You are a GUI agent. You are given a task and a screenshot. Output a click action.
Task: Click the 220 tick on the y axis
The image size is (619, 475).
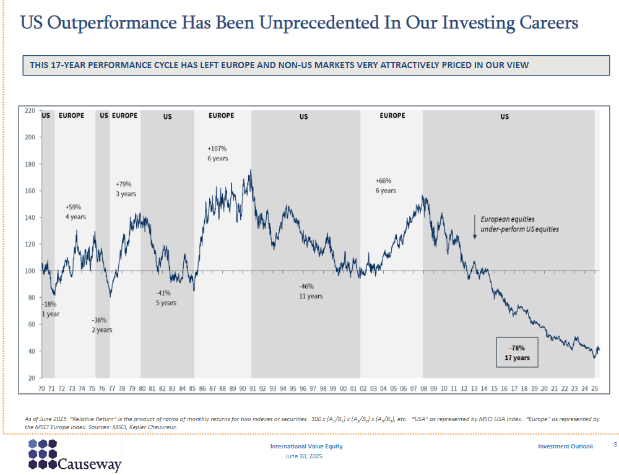pos(30,111)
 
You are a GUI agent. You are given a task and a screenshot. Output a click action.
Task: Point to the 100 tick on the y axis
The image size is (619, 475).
pos(30,271)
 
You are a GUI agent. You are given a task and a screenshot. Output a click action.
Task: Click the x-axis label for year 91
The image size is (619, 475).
pos(253,388)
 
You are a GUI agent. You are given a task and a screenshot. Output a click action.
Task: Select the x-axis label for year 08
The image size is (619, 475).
pos(423,388)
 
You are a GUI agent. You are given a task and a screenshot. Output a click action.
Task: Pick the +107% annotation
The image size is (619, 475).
pos(217,149)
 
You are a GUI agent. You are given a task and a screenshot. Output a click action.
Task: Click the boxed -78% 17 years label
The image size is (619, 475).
pos(517,352)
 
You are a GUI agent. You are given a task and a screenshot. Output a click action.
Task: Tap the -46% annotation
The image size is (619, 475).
pos(306,287)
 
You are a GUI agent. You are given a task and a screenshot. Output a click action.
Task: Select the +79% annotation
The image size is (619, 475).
pos(124,184)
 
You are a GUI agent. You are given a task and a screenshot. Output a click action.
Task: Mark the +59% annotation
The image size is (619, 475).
pos(73,207)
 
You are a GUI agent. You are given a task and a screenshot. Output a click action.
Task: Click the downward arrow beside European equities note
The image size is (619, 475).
pos(474,227)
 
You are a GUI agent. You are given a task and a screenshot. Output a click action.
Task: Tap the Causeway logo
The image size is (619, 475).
pos(74,456)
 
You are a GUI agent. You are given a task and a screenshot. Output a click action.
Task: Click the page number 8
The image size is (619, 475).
pos(615,445)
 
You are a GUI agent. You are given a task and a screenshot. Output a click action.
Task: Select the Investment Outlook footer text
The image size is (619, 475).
pos(565,447)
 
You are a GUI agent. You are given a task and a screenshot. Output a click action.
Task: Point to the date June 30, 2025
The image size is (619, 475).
pos(304,456)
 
